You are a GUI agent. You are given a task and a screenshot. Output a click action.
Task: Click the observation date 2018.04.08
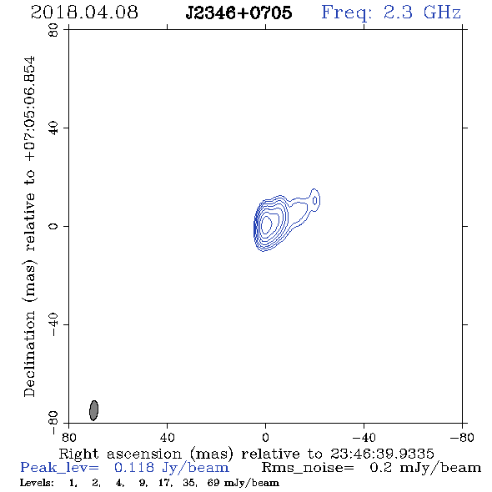84,13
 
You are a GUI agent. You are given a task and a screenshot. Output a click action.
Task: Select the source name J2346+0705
238,13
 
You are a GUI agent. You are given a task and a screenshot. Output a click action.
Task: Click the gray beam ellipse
94,410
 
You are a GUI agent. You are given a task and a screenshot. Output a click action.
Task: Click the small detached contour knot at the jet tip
314,200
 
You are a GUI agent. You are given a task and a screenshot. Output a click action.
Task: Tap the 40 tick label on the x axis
167,438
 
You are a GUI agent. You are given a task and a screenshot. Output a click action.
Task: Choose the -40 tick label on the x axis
364,438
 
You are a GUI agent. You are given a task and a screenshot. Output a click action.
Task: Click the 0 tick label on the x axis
265,438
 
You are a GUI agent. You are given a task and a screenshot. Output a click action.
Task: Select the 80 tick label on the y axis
53,30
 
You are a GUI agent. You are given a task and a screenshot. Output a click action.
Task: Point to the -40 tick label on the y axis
53,324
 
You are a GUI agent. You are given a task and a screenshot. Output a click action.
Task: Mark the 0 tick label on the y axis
53,226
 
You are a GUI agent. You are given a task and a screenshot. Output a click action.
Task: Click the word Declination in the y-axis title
29,354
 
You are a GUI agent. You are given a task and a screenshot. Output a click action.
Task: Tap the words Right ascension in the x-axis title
120,454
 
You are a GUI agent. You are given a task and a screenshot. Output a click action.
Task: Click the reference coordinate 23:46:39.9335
382,454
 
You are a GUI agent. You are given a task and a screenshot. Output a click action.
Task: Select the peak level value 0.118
134,468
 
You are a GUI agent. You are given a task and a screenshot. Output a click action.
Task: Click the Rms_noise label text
308,468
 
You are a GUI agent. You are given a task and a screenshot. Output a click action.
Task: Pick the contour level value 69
213,483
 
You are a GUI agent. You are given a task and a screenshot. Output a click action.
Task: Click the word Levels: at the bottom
37,483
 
